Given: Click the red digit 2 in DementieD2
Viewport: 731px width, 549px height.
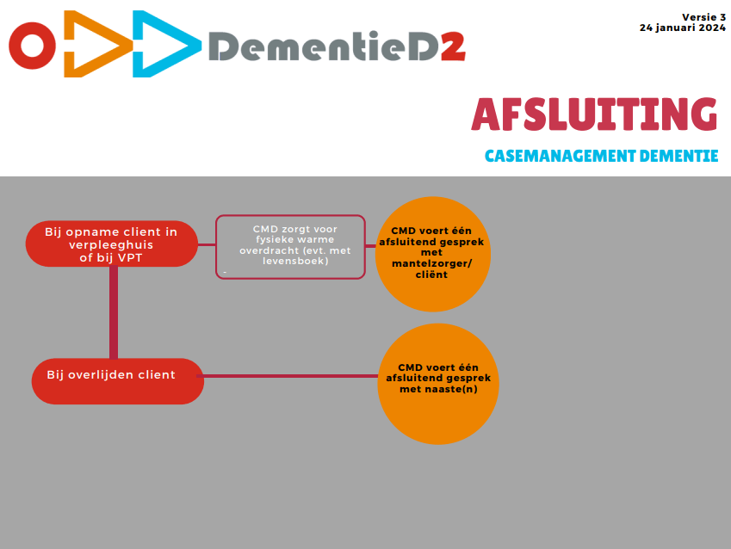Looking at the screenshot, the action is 453,46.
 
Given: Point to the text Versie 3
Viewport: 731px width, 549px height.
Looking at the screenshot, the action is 704,17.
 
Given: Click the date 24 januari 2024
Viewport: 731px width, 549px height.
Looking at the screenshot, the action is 683,28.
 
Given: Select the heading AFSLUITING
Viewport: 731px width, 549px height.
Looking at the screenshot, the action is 594,114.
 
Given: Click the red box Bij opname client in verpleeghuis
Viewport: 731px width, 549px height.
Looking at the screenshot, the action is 111,244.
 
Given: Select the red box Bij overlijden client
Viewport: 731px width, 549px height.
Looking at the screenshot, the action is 117,381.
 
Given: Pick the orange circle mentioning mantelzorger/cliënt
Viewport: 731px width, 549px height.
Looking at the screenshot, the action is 433,254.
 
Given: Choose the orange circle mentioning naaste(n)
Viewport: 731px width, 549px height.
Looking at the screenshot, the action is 438,384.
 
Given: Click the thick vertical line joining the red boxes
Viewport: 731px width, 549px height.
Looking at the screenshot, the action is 114,312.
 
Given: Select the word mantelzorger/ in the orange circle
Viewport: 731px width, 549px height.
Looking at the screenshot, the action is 431,264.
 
